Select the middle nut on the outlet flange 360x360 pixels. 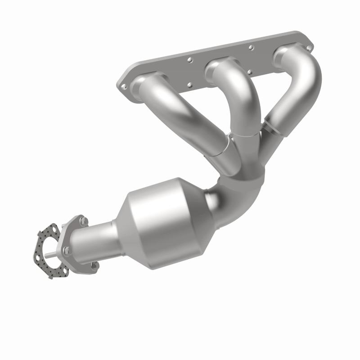click(x=67, y=250)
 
